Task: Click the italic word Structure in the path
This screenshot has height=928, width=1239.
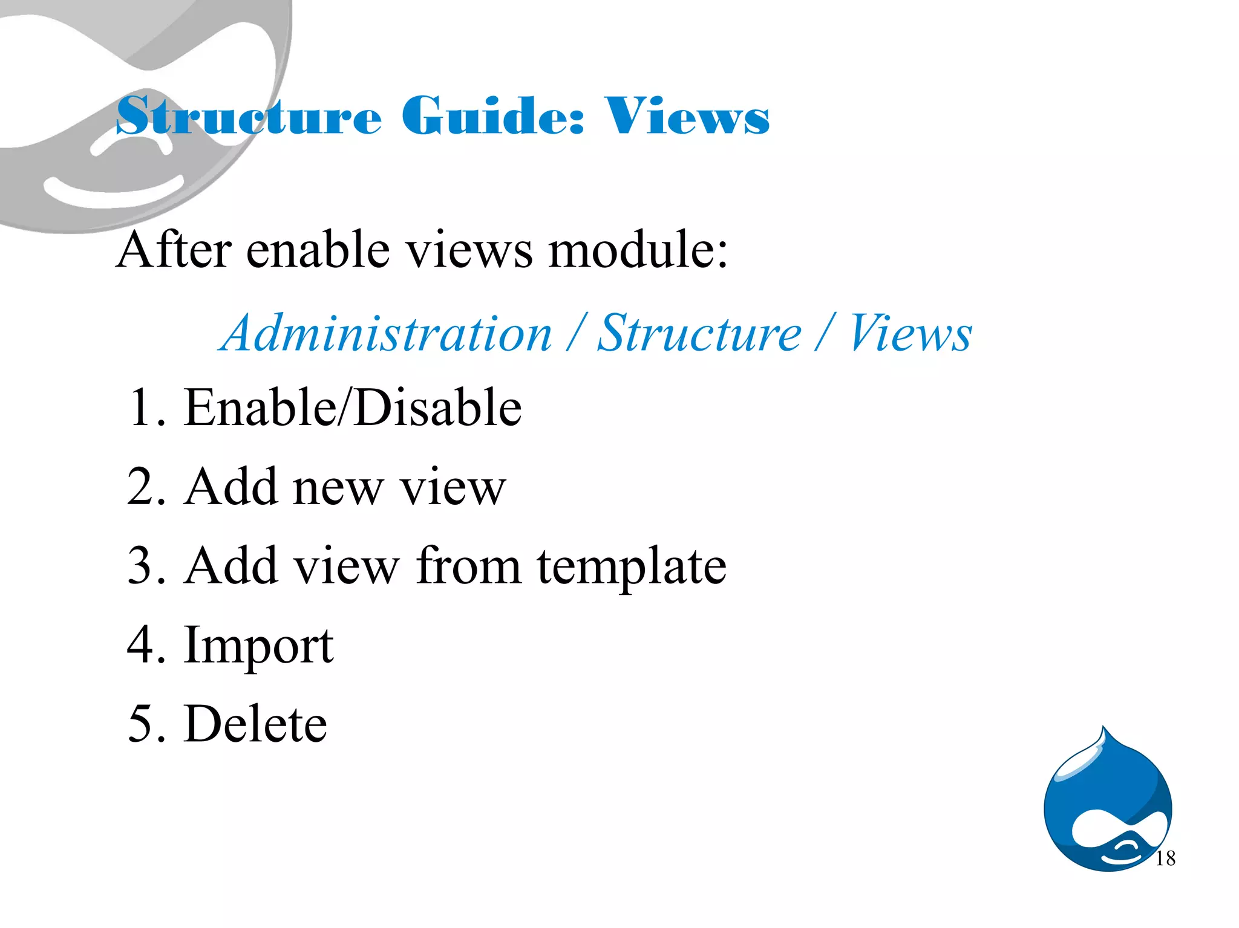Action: coord(699,333)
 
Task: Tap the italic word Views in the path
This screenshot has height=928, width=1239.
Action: coord(910,333)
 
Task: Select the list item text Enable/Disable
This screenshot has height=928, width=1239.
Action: coord(353,407)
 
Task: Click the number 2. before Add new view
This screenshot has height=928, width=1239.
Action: coord(146,487)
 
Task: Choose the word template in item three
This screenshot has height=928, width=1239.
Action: coord(632,567)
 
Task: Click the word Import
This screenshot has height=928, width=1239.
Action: coord(258,646)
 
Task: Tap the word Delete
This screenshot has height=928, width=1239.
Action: coord(255,724)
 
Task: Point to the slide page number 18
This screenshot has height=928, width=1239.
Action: coord(1165,858)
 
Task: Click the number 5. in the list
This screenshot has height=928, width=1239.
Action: coord(146,724)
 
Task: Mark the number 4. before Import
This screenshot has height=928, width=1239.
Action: coord(146,645)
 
